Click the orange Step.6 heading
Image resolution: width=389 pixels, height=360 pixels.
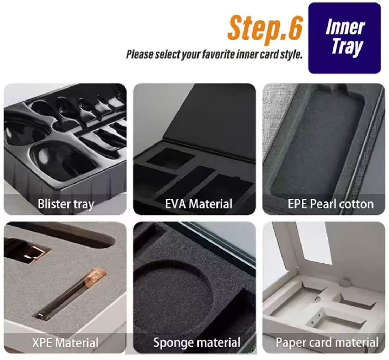point(265,27)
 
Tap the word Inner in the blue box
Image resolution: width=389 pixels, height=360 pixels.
point(345,27)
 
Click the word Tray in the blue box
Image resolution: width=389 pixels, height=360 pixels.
point(346,47)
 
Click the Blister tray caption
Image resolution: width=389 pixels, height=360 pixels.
point(66,204)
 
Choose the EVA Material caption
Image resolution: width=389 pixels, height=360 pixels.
point(199,204)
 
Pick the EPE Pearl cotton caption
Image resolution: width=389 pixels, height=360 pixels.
point(330,204)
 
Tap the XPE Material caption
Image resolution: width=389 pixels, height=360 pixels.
point(65,342)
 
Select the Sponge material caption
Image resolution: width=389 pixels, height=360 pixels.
point(197,342)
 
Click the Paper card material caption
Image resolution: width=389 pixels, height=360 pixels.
point(327,342)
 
